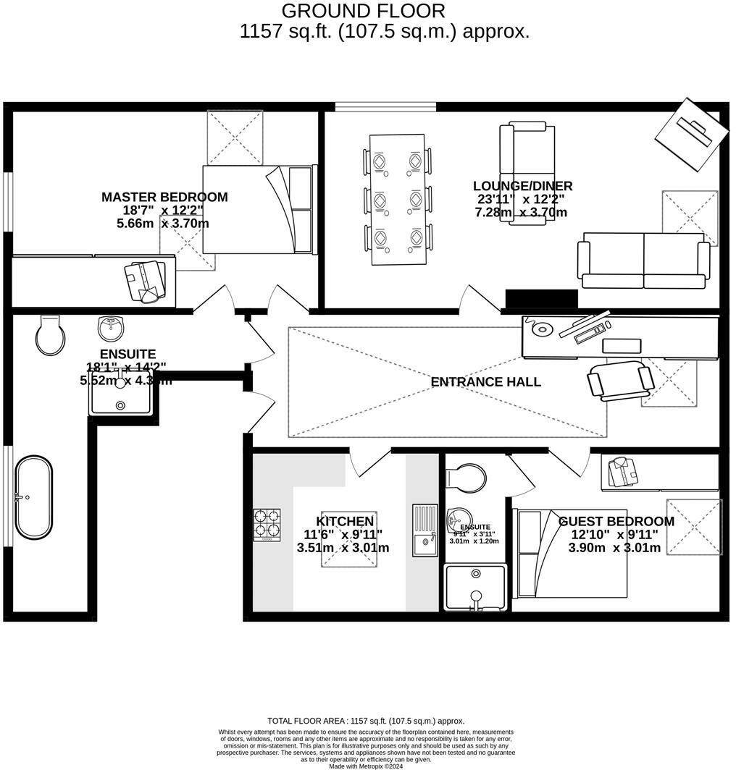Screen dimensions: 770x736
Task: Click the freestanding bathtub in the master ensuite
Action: pos(34,497)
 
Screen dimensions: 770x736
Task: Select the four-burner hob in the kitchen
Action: pos(267,525)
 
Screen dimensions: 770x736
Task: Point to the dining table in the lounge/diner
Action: pos(397,199)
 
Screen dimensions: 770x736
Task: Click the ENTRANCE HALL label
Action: pos(485,382)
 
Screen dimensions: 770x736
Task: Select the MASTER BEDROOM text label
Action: pos(164,197)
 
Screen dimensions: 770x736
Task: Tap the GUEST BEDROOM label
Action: pos(616,521)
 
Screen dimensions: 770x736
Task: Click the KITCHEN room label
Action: pos(345,521)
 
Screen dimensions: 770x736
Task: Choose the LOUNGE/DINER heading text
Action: pos(522,186)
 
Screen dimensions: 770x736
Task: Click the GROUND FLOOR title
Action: pos(363,11)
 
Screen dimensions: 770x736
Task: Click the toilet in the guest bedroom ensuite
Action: pos(467,477)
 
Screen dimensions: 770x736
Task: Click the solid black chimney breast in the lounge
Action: pos(541,299)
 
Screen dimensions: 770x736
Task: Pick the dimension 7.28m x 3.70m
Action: pos(520,212)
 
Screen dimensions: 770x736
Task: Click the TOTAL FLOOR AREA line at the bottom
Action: pos(366,721)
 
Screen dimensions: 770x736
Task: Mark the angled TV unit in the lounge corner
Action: pos(691,134)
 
